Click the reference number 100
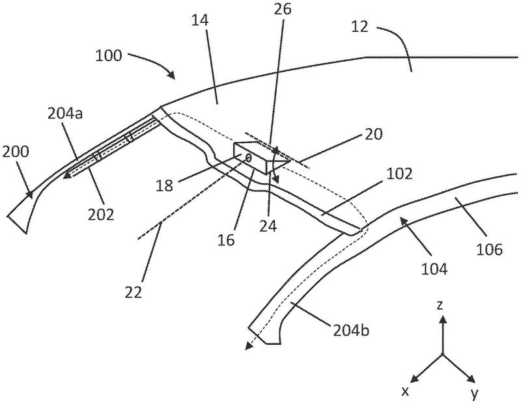click(x=108, y=55)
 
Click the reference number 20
click(x=373, y=134)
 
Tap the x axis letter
click(x=404, y=392)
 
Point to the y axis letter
click(x=474, y=393)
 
